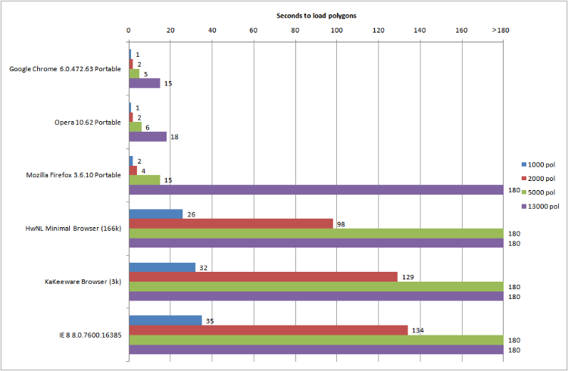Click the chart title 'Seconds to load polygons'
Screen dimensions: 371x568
[317, 15]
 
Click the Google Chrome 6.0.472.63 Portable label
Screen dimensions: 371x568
[65, 69]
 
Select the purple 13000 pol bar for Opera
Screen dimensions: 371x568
[148, 137]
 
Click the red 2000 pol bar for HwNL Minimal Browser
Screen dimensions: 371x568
[231, 223]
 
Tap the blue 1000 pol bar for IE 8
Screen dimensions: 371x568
[165, 320]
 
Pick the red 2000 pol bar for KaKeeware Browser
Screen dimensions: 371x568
[264, 276]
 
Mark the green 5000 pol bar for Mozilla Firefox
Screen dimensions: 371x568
[145, 180]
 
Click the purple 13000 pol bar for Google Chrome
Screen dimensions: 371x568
[145, 83]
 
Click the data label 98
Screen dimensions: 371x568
[341, 224]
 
